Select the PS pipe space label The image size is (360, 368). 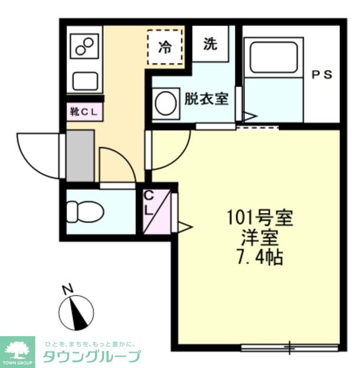pyautogui.click(x=322, y=75)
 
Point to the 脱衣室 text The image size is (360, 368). pyautogui.click(x=206, y=98)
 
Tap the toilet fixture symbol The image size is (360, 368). pyautogui.click(x=82, y=210)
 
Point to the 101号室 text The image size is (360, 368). pyautogui.click(x=260, y=219)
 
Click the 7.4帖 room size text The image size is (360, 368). pyautogui.click(x=260, y=257)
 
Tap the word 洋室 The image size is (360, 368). pyautogui.click(x=260, y=238)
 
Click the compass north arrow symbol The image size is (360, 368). pyautogui.click(x=77, y=314)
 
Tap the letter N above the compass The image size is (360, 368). pyautogui.click(x=68, y=289)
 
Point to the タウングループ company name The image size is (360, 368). pyautogui.click(x=90, y=356)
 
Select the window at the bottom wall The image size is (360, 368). pyautogui.click(x=289, y=347)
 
